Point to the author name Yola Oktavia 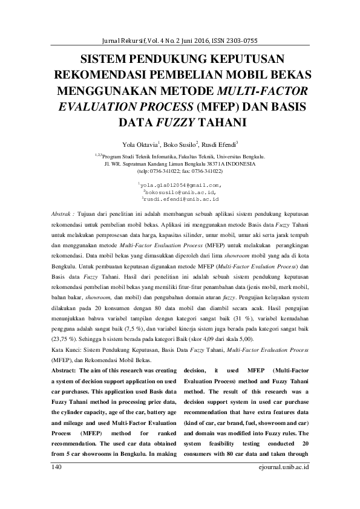click(x=140, y=145)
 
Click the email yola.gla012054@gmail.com click(x=180, y=184)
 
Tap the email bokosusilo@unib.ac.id click(x=180, y=191)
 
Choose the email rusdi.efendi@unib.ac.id click(x=180, y=198)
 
